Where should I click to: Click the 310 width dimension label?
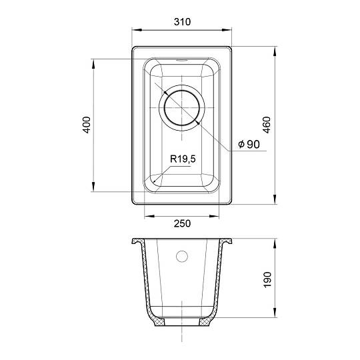[182, 22]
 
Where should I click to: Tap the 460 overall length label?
[267, 125]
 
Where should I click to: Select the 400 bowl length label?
[87, 125]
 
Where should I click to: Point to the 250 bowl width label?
[182, 223]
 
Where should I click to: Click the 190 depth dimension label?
[267, 279]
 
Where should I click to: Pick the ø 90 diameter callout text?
[249, 144]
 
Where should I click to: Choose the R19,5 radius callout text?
[183, 159]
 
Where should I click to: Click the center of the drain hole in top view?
[182, 108]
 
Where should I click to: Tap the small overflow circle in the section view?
[182, 256]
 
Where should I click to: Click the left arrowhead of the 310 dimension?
[137, 30]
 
